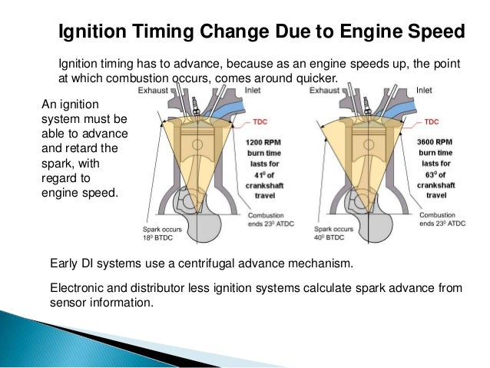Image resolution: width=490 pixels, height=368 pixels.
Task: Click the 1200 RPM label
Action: pos(263,143)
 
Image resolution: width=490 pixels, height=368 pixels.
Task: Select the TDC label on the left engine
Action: pos(260,121)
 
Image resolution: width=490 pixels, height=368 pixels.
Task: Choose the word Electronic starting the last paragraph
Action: pos(77,288)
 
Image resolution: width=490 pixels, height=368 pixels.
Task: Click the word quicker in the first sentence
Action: pos(315,78)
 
